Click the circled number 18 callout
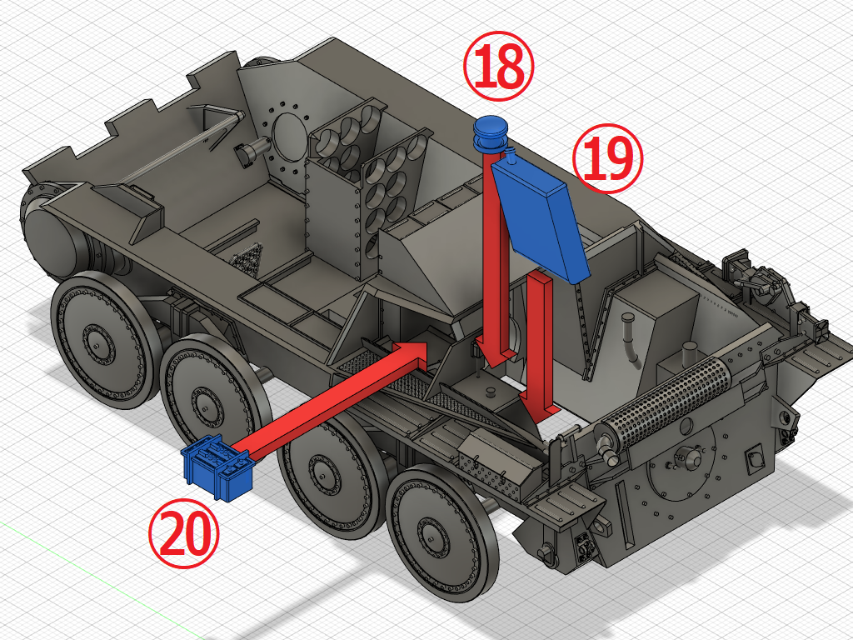(498, 66)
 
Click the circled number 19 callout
(607, 158)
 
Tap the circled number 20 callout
(184, 533)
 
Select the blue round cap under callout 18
(491, 133)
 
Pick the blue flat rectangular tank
(540, 220)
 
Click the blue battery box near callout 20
(218, 467)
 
